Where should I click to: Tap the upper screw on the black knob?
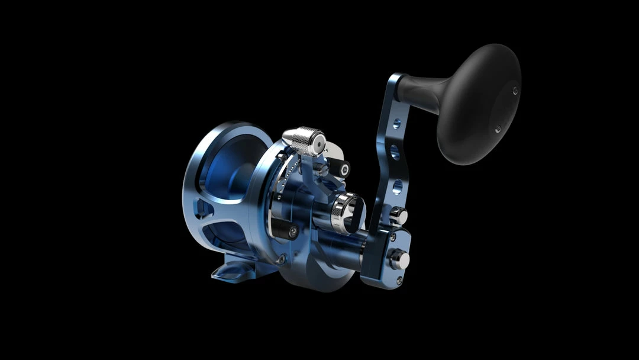click(x=515, y=91)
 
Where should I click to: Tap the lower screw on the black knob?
click(x=498, y=128)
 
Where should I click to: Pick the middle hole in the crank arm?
click(x=395, y=155)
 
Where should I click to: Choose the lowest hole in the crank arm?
click(x=397, y=187)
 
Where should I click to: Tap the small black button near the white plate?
click(x=340, y=169)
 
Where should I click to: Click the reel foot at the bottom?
click(x=234, y=271)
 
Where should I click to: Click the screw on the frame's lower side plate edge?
click(x=281, y=259)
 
